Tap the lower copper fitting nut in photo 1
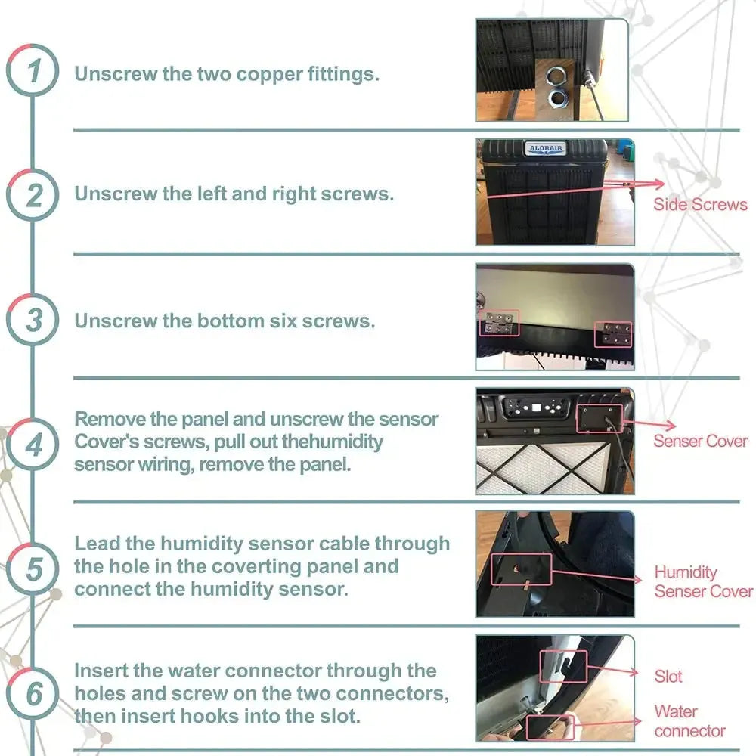(557, 98)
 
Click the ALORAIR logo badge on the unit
(546, 148)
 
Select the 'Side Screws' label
(700, 204)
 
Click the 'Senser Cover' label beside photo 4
(700, 441)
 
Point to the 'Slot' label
(668, 677)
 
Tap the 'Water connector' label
(689, 720)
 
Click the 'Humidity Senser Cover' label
(703, 581)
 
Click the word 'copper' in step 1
(269, 75)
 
